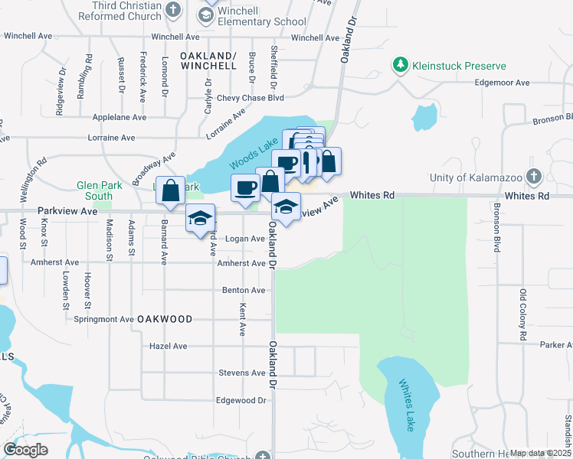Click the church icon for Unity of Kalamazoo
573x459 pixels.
click(x=534, y=177)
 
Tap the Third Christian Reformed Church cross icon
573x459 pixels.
click(x=174, y=10)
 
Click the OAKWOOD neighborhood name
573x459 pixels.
click(x=164, y=318)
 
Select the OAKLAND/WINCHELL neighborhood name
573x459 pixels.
click(x=208, y=61)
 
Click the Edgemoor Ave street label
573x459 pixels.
click(x=502, y=83)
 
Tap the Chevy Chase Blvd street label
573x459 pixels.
click(x=250, y=98)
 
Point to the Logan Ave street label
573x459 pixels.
click(x=244, y=239)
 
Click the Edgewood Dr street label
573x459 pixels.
click(x=240, y=400)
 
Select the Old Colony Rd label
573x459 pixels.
click(x=522, y=315)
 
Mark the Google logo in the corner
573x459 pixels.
click(x=25, y=450)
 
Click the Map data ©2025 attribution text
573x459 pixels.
click(x=540, y=453)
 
